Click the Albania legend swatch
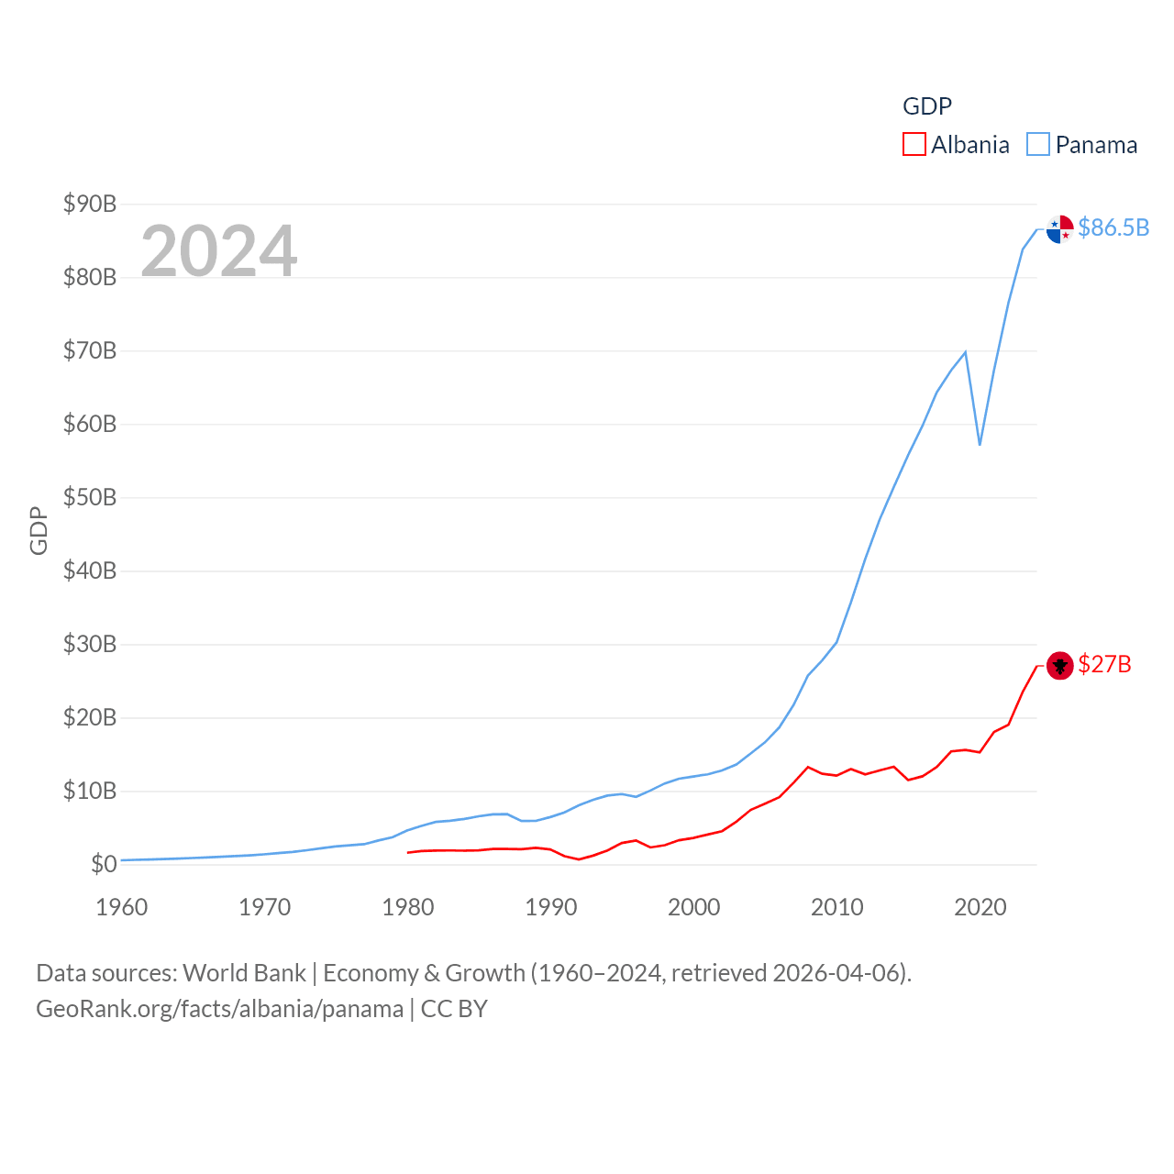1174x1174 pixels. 914,145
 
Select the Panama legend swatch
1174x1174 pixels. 1038,145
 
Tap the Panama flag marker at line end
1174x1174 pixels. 1059,228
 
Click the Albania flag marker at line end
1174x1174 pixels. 1059,665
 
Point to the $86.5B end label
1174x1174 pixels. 1113,227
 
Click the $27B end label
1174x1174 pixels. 1104,664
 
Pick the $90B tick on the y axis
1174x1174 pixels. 90,204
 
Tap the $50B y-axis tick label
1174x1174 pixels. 90,497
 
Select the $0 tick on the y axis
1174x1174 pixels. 104,864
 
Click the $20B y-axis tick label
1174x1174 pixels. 90,717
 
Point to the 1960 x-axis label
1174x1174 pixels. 122,907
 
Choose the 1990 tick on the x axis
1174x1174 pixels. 551,907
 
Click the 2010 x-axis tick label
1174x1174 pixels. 837,907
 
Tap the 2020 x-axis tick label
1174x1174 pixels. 980,907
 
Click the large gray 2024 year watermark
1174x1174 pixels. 219,250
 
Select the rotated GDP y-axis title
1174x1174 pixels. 39,530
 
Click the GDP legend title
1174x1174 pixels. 927,106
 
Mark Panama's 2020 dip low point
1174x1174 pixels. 980,445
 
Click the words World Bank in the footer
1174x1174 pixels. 245,972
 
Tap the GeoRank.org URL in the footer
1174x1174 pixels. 219,1009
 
